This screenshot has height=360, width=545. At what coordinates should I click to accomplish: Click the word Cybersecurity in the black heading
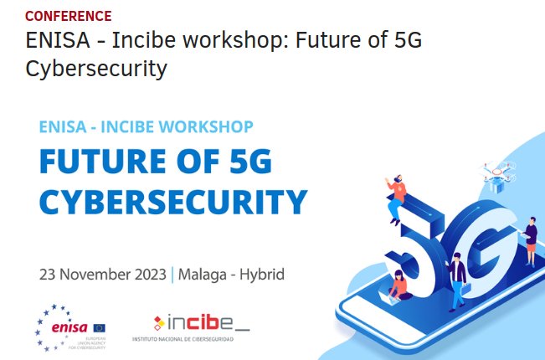click(95, 68)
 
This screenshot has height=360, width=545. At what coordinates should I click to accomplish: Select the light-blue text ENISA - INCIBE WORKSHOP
click(146, 127)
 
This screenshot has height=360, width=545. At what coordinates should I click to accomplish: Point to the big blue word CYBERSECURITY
click(173, 201)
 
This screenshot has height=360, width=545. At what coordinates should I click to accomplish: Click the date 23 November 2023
click(102, 275)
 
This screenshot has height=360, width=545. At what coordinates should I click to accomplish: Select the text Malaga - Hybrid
click(231, 275)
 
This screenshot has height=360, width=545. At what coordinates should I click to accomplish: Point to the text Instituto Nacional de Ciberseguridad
click(183, 340)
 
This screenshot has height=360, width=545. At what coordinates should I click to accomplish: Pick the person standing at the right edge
click(531, 240)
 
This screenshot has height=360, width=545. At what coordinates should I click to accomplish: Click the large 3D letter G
click(486, 243)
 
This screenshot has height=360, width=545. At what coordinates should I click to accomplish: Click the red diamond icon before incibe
click(159, 322)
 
